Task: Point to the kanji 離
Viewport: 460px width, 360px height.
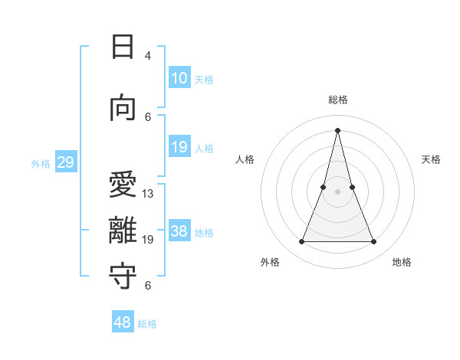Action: click(123, 231)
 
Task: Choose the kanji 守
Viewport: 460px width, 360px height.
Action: click(123, 277)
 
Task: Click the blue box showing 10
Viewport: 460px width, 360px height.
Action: click(179, 78)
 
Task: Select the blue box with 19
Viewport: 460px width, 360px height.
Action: click(179, 147)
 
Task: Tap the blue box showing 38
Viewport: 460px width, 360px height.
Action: click(179, 232)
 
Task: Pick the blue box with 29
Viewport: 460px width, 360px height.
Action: click(65, 162)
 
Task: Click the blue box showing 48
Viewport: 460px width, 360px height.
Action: click(123, 322)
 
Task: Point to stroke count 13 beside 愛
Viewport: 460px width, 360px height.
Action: click(148, 194)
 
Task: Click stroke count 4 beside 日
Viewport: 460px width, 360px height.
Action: click(148, 56)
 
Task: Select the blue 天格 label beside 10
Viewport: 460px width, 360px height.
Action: click(204, 79)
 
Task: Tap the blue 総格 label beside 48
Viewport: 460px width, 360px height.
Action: click(147, 324)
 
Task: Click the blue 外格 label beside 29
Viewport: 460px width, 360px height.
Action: click(41, 163)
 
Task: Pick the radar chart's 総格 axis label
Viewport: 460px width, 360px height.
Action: click(338, 100)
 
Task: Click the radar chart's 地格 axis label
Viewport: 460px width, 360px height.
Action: click(402, 262)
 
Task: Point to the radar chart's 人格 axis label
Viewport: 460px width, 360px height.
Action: click(245, 159)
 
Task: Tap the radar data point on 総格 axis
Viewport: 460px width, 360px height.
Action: click(337, 129)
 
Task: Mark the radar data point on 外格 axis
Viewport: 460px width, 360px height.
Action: click(301, 242)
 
